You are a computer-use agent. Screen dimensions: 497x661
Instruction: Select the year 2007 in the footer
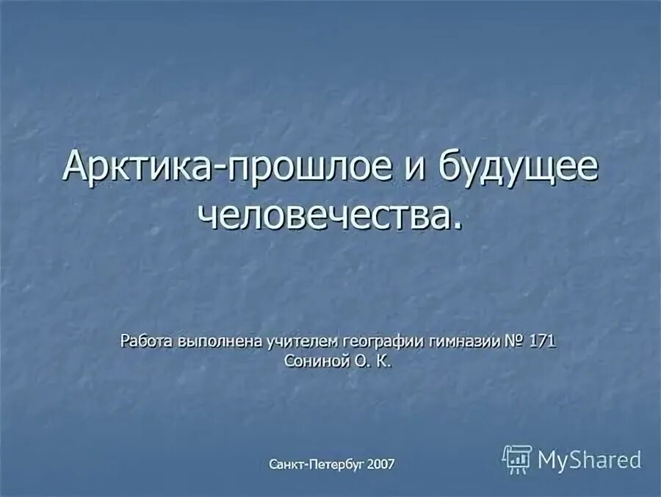[382, 464]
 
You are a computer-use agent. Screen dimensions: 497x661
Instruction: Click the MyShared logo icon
[516, 459]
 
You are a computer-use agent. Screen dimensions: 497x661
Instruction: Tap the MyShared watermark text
[590, 460]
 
